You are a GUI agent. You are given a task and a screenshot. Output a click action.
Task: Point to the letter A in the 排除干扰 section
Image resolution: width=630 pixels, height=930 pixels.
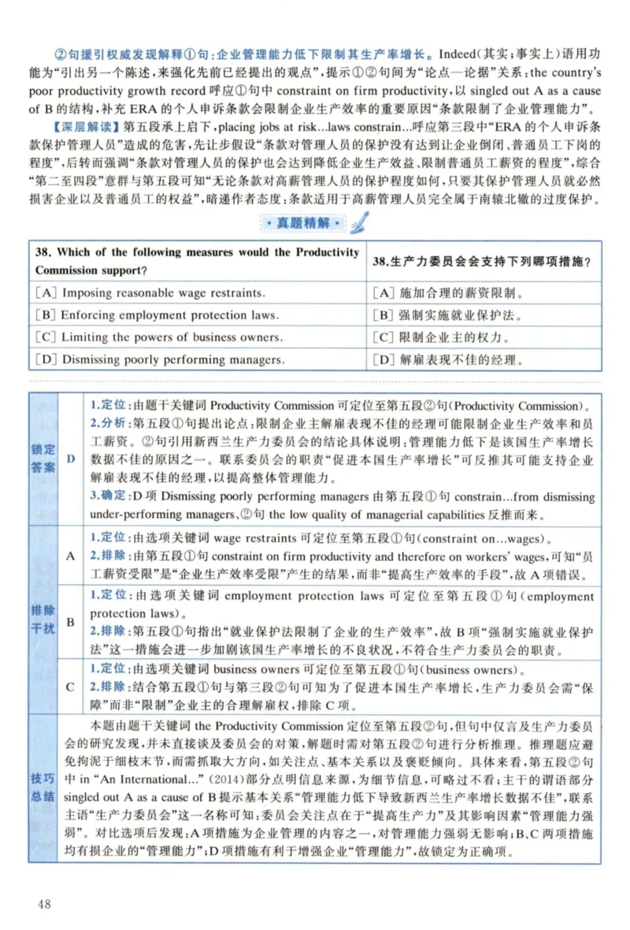(x=71, y=556)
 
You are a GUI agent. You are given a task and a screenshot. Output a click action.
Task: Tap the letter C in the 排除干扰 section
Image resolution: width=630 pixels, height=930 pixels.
(x=71, y=686)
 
